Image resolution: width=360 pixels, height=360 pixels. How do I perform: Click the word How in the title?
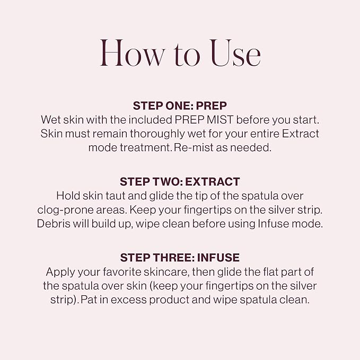tap(129, 53)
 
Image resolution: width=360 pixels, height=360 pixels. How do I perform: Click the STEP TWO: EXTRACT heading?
tap(180, 181)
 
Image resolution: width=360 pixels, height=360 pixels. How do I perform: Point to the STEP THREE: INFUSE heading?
tap(180, 258)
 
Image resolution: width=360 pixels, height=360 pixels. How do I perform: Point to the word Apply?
tap(60, 271)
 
